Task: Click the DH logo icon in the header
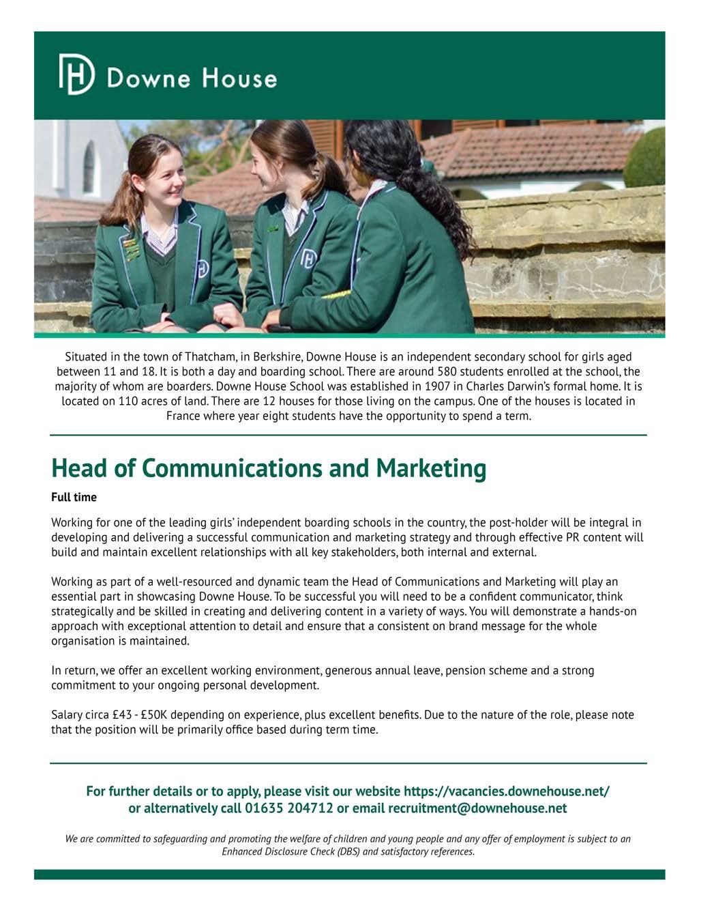click(76, 74)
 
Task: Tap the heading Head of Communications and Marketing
click(269, 468)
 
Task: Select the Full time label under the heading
click(74, 497)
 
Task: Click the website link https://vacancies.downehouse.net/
click(507, 792)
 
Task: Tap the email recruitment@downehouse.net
click(477, 809)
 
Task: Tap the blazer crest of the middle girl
click(308, 259)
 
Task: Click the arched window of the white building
click(89, 167)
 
